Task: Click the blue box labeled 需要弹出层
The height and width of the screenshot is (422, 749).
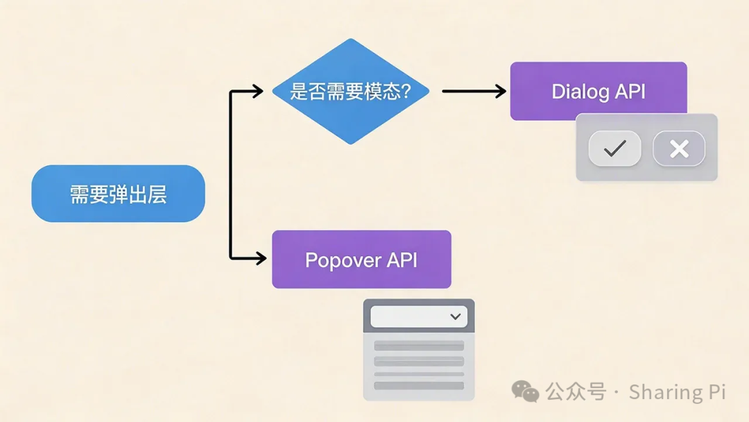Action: click(118, 194)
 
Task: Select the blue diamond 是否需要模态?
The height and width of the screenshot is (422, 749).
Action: click(350, 91)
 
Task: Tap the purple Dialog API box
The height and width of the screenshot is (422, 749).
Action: click(598, 90)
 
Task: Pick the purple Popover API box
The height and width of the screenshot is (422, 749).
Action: click(361, 259)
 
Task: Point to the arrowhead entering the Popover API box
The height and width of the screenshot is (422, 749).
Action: click(260, 258)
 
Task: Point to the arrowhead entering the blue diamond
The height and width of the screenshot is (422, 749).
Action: click(257, 91)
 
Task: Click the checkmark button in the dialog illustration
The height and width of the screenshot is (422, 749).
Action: click(614, 148)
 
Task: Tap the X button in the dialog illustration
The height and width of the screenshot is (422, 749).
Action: click(679, 148)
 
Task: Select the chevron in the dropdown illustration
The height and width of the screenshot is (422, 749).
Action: click(456, 316)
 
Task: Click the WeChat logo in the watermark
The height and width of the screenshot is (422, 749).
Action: click(525, 392)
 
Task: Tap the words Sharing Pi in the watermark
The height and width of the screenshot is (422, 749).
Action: click(677, 392)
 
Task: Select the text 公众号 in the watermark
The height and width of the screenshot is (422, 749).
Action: click(576, 392)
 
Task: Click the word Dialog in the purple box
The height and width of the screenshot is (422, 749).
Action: click(580, 91)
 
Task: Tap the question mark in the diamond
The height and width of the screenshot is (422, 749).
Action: click(405, 92)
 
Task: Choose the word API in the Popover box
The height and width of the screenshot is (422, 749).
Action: click(402, 260)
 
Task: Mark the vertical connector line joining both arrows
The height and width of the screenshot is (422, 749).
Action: click(231, 174)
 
